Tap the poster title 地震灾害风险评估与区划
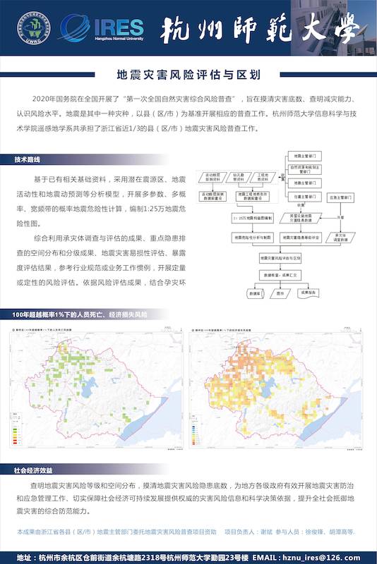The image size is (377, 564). pos(188,73)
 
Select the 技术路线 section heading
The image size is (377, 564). pos(28,160)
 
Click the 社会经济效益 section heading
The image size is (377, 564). pos(33,469)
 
